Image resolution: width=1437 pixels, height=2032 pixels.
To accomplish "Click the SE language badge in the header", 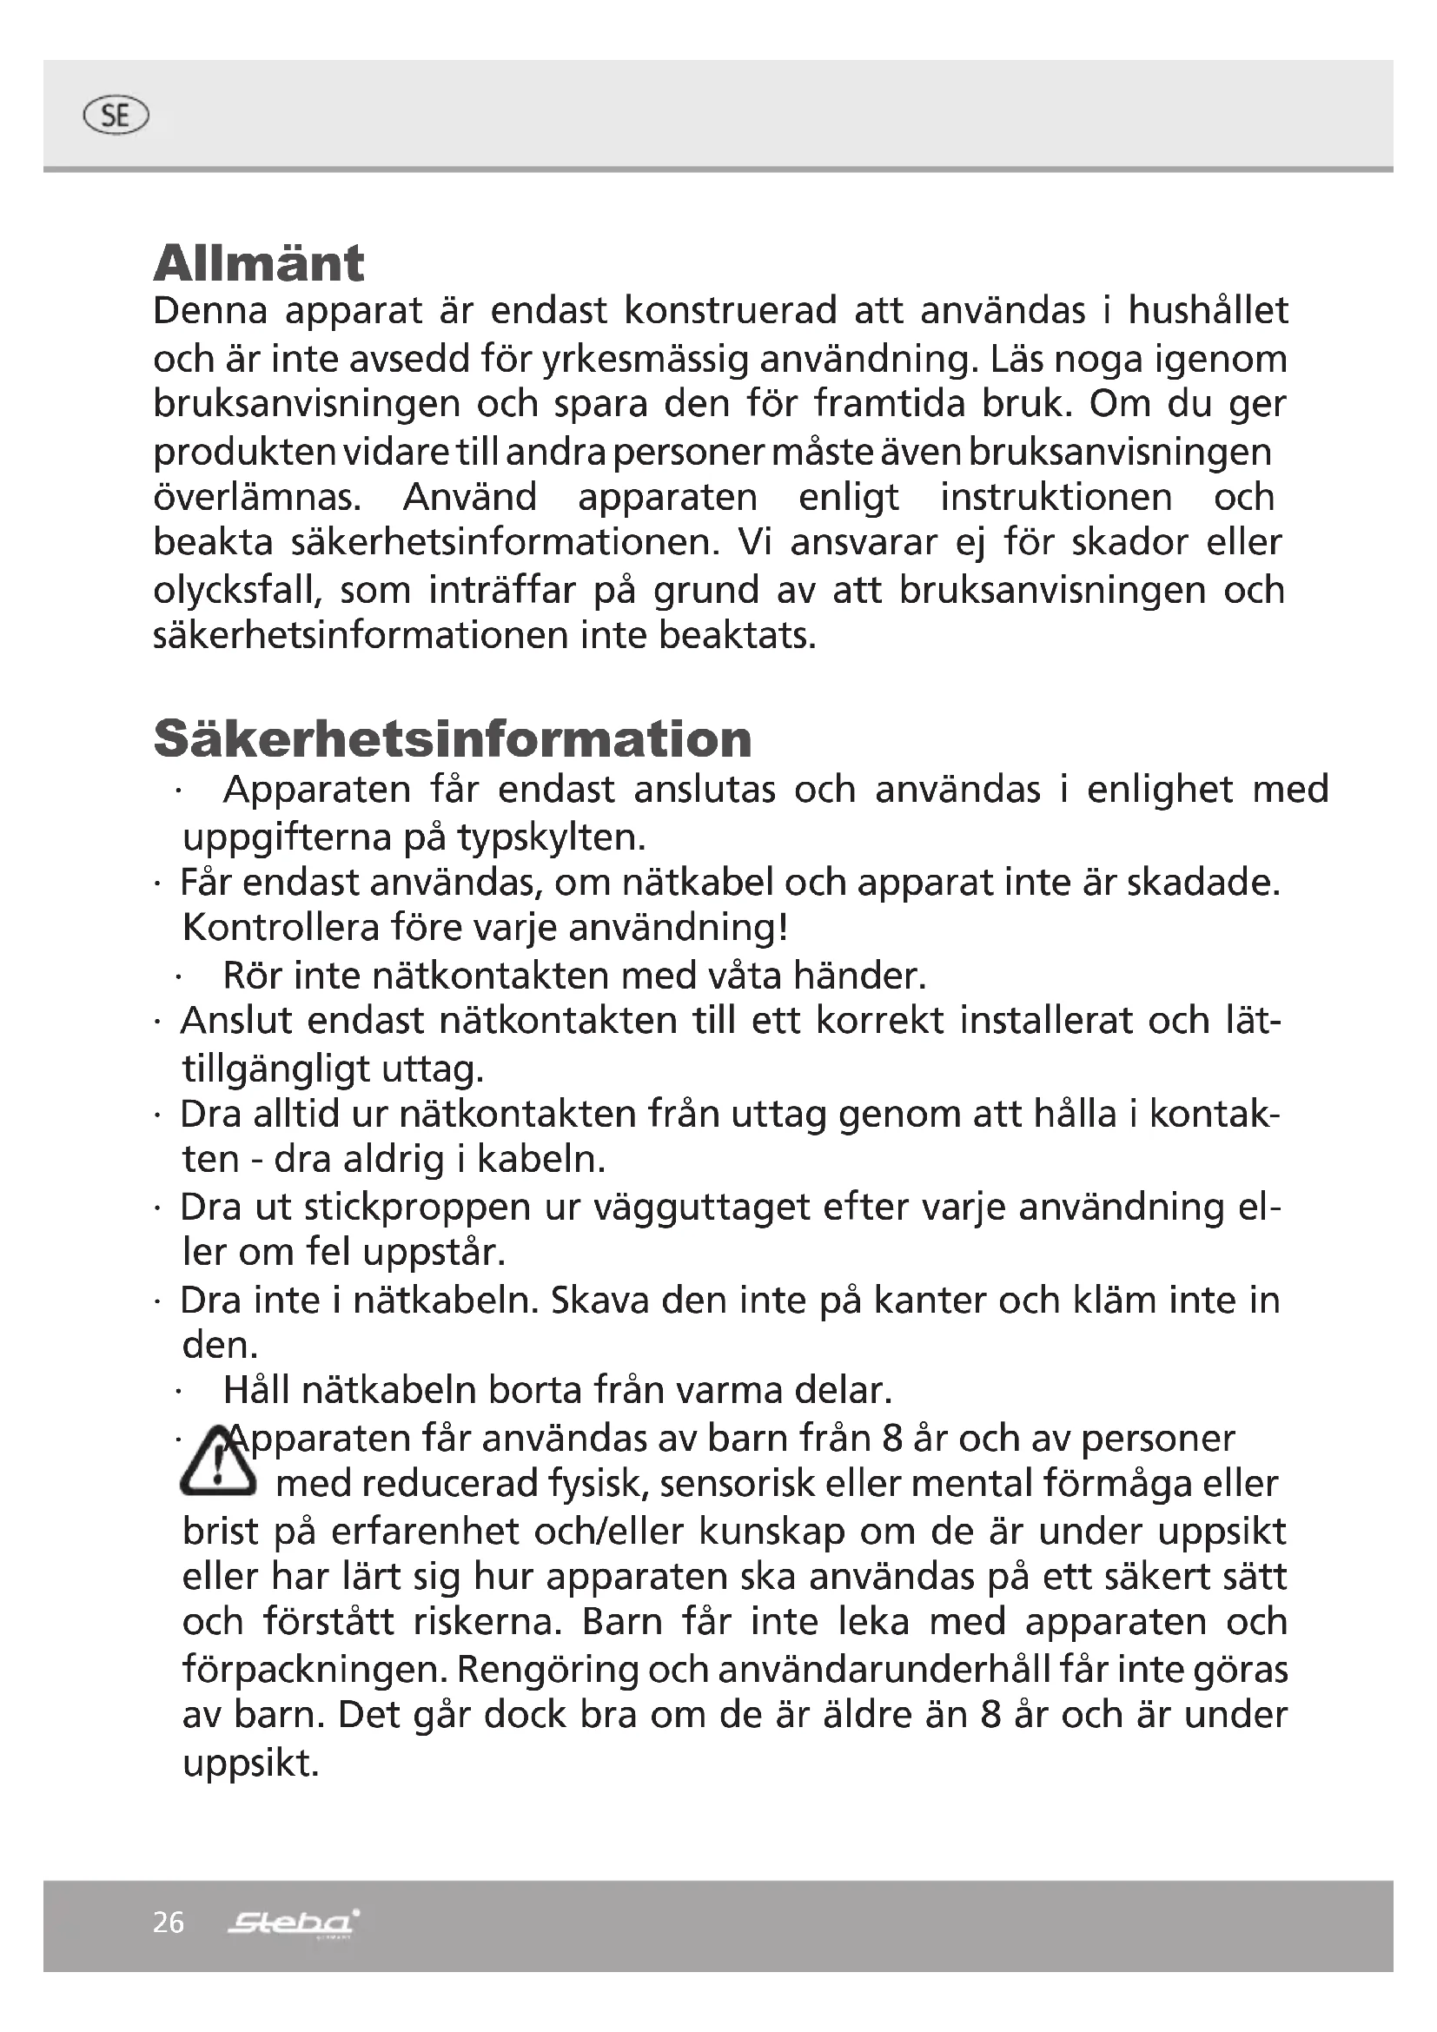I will click(115, 116).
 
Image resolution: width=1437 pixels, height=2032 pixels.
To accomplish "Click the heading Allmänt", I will click(258, 263).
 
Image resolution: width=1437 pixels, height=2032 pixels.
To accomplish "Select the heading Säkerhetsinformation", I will click(452, 738).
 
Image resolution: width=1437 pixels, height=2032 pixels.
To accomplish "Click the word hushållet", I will click(1208, 311).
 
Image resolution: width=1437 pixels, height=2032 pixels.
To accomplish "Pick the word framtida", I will click(889, 404).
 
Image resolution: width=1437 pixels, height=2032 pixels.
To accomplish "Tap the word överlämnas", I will click(257, 498).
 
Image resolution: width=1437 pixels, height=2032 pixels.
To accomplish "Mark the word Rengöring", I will click(548, 1670).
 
